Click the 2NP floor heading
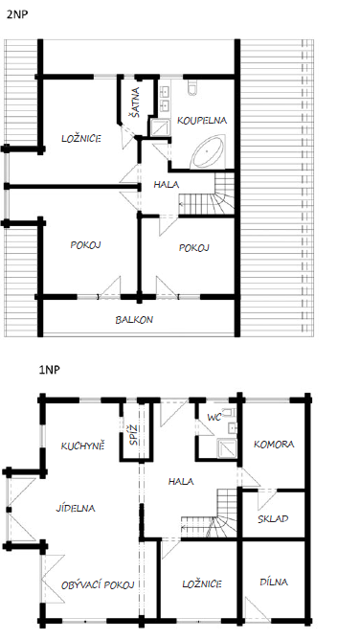click(17, 15)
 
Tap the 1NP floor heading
click(50, 370)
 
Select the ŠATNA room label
click(136, 103)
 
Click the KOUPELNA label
click(202, 121)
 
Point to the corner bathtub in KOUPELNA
click(208, 152)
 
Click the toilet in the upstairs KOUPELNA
click(192, 88)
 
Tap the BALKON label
click(134, 320)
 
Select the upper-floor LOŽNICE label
click(81, 138)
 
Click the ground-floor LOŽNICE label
click(202, 584)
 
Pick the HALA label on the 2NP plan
click(167, 185)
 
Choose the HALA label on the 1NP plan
click(181, 482)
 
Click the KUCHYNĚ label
click(82, 446)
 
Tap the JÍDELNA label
click(76, 508)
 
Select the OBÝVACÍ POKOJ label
click(98, 584)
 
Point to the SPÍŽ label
click(135, 435)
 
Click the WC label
click(214, 417)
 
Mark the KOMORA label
click(274, 445)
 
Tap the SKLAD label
click(273, 518)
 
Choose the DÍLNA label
click(274, 583)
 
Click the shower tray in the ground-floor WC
click(227, 448)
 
